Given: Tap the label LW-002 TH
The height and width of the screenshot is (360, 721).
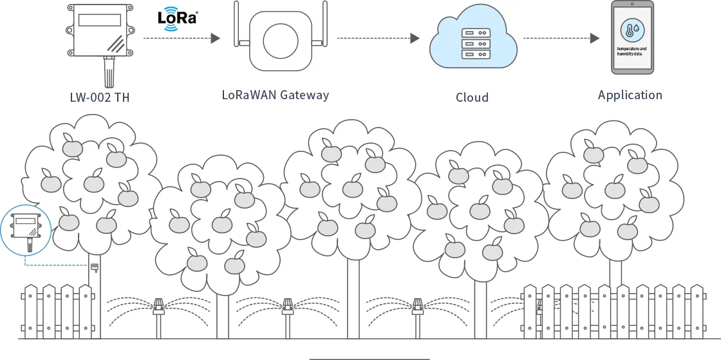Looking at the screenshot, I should [x=104, y=98].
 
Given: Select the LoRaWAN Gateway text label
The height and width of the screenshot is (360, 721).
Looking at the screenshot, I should [x=275, y=95].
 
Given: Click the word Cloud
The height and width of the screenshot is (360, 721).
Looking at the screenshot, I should [x=472, y=98].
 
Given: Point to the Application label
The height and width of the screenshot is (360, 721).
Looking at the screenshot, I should [x=630, y=95].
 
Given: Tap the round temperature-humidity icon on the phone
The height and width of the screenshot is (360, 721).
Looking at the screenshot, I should [x=632, y=29].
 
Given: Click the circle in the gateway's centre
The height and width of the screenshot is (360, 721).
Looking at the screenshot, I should [x=280, y=39].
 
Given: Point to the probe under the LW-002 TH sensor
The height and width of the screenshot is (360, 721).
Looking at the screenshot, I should [x=109, y=73].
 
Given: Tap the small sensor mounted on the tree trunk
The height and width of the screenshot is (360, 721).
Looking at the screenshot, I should [x=94, y=266].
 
